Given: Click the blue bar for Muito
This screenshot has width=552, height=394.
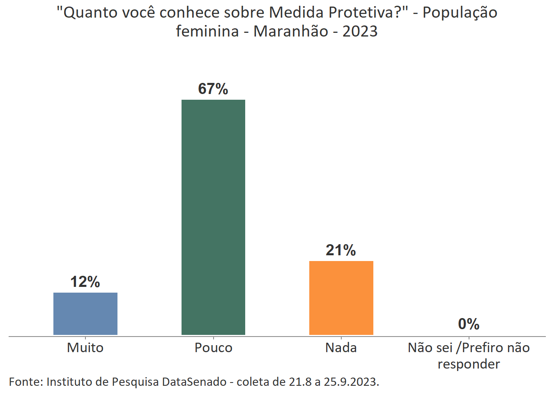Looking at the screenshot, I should [x=85, y=314].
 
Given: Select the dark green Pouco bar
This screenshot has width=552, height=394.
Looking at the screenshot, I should [x=213, y=217].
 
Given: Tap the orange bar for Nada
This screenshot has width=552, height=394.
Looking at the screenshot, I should [x=341, y=298].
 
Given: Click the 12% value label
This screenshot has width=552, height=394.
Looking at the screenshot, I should [x=85, y=282].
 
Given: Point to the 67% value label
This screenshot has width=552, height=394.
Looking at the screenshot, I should [x=213, y=89].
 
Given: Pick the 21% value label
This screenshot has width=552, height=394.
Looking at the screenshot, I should [x=340, y=250].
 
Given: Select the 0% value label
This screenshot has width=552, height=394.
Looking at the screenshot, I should [x=469, y=324].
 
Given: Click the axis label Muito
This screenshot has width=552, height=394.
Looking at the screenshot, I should [x=85, y=348].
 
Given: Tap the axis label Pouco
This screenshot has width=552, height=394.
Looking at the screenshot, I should [x=213, y=348].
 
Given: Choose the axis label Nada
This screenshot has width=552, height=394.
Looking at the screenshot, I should [x=341, y=348].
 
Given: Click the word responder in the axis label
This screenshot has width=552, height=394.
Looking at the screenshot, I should [x=469, y=364].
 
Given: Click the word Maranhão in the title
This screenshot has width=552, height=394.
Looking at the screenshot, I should [x=291, y=31].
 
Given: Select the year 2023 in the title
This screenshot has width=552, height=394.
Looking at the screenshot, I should [x=360, y=31].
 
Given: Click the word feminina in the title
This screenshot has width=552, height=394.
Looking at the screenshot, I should [x=207, y=31].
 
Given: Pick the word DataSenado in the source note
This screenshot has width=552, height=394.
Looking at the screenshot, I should [x=194, y=382].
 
